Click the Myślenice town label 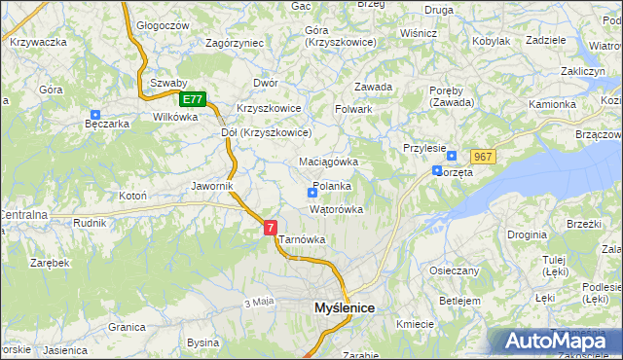345,307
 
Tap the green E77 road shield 193,99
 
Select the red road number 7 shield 270,227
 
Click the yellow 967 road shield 484,157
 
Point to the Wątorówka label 336,209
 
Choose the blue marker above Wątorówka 311,193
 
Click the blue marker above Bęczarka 94,114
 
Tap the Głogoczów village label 163,24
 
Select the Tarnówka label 302,238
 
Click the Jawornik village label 211,184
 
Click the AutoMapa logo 554,341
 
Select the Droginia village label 527,234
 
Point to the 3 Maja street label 257,303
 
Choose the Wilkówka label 175,116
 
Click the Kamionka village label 552,103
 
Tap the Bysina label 203,342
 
